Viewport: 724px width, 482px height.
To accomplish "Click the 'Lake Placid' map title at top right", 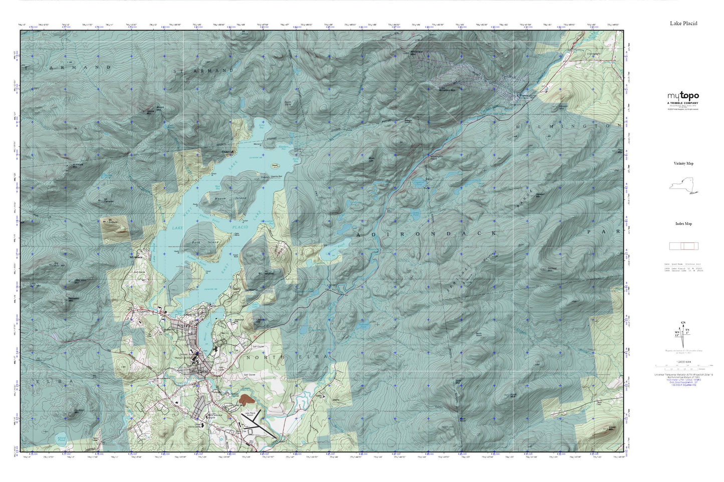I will (x=683, y=24).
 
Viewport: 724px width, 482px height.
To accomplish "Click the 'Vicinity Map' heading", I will (x=683, y=164).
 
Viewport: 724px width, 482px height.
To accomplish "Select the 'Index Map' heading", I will (x=683, y=224).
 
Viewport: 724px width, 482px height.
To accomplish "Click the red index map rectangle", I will (x=683, y=246).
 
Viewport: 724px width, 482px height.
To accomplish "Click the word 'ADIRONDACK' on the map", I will (x=426, y=234).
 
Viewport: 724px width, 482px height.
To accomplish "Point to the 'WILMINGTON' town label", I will (x=568, y=127).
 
